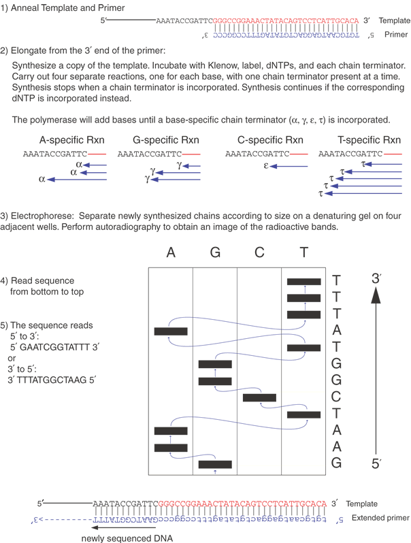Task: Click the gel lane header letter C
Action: pyautogui.click(x=258, y=252)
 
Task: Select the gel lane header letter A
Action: pyautogui.click(x=171, y=252)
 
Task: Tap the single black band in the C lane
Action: pyautogui.click(x=259, y=397)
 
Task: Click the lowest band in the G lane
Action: pyautogui.click(x=215, y=464)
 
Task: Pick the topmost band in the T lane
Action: pyautogui.click(x=303, y=281)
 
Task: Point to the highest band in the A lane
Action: pyautogui.click(x=171, y=331)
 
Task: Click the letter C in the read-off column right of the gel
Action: pyautogui.click(x=336, y=397)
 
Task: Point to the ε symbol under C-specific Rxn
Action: pyautogui.click(x=267, y=165)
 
